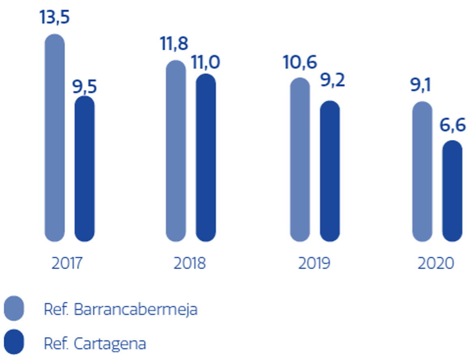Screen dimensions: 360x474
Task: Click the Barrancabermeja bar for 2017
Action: pyautogui.click(x=54, y=138)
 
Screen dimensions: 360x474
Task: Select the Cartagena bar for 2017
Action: pyautogui.click(x=85, y=169)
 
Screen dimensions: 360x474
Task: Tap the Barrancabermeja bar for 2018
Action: pyautogui.click(x=176, y=151)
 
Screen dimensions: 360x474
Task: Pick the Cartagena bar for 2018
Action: pyautogui.click(x=206, y=158)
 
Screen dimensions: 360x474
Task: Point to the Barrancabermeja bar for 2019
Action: pyautogui.click(x=300, y=160)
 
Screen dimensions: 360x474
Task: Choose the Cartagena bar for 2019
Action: pyautogui.click(x=330, y=171)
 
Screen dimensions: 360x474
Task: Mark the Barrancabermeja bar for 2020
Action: pyautogui.click(x=422, y=171)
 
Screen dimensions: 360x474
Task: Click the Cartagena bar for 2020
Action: pyautogui.click(x=452, y=191)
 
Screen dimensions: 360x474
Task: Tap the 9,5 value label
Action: pyautogui.click(x=85, y=87)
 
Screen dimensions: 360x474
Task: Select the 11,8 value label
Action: pyautogui.click(x=175, y=44)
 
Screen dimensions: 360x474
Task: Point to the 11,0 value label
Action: pyautogui.click(x=206, y=63)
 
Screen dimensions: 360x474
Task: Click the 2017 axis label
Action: pyautogui.click(x=67, y=264)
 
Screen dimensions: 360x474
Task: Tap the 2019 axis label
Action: pyautogui.click(x=314, y=264)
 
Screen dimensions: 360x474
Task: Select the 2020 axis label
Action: pyautogui.click(x=436, y=264)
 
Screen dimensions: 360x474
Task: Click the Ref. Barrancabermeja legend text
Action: pyautogui.click(x=120, y=309)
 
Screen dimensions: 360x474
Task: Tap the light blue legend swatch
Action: pyautogui.click(x=14, y=308)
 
